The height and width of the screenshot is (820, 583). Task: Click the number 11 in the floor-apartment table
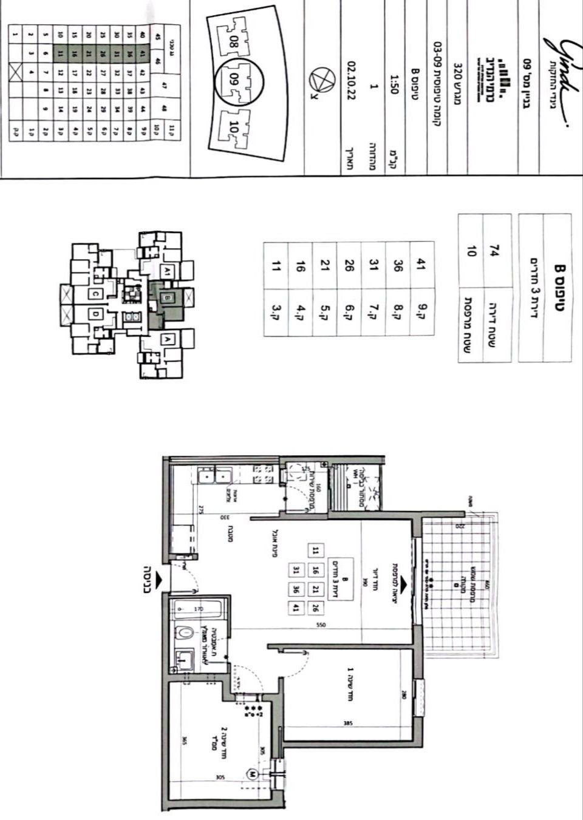click(276, 264)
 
